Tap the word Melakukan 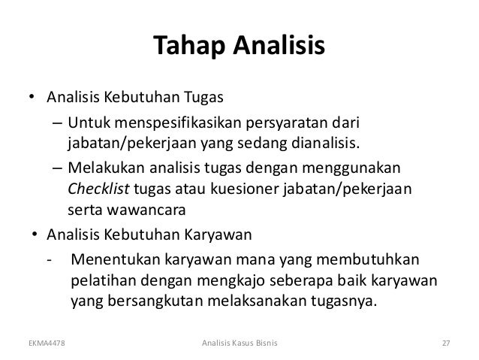tap(103, 167)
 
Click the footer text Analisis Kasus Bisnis tap(239, 344)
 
